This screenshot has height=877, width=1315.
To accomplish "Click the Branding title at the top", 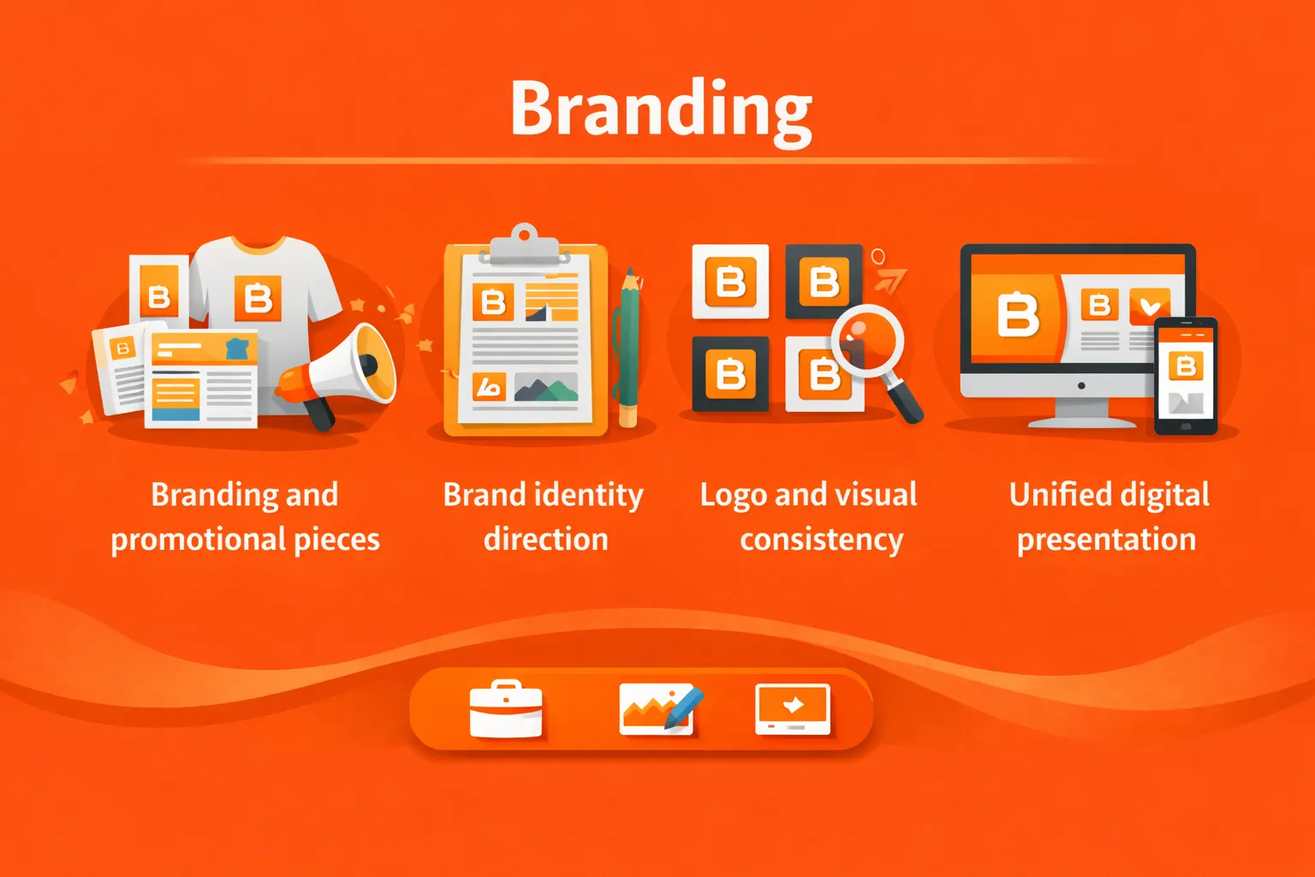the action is tap(662, 112).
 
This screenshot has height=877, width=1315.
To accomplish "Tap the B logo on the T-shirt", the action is tap(258, 298).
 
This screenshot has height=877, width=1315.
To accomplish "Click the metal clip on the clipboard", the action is tap(524, 244).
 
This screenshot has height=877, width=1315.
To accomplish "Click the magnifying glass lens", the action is tap(868, 341).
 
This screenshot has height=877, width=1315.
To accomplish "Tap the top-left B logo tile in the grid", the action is tap(730, 282).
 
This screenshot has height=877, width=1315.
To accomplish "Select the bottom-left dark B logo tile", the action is tap(730, 373).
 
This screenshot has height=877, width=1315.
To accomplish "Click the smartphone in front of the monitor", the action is tap(1186, 377).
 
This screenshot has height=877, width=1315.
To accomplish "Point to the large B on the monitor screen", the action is tap(1017, 315).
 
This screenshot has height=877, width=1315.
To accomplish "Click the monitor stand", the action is tap(1081, 413).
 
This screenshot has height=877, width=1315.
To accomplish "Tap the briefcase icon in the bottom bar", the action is tap(505, 708).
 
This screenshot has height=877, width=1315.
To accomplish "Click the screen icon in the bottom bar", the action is tap(793, 709).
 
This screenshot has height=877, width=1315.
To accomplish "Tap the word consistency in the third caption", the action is tap(821, 540).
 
